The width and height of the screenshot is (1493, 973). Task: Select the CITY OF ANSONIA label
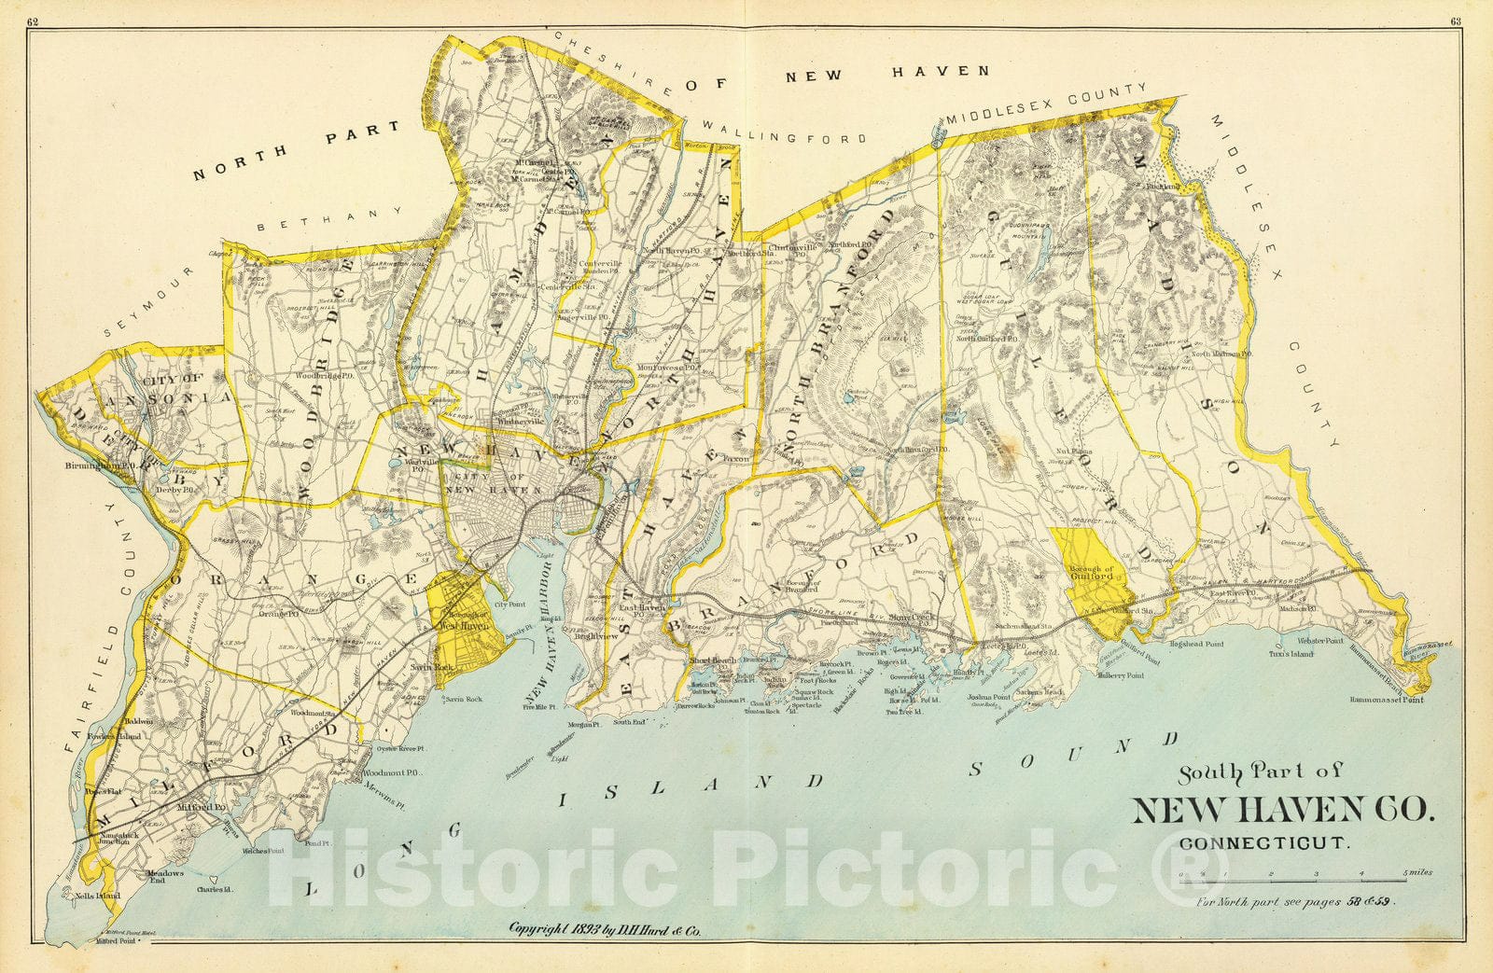pyautogui.click(x=179, y=387)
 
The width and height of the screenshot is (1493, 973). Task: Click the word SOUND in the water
pyautogui.click(x=1073, y=756)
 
